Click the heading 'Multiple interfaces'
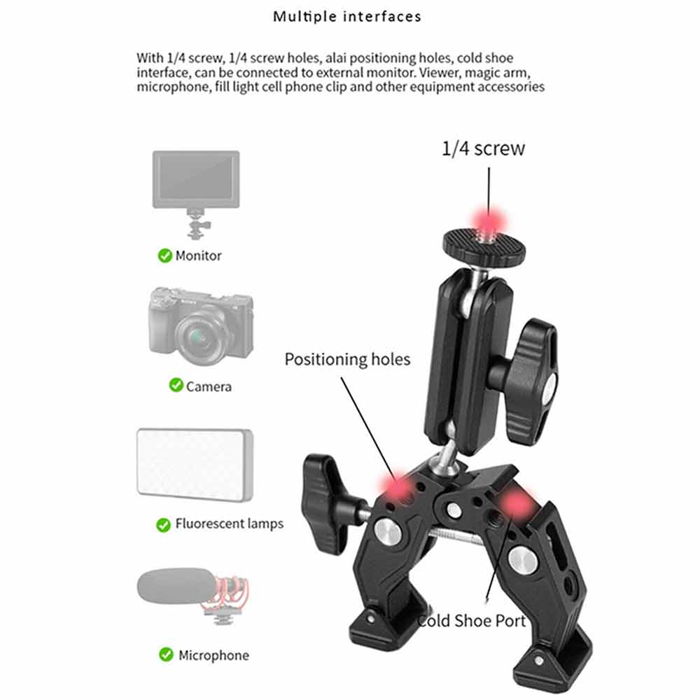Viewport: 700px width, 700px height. pos(347,17)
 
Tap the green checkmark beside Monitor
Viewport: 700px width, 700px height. pos(164,255)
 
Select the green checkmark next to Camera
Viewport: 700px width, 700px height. pos(176,385)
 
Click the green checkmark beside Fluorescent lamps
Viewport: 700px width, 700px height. pos(163,524)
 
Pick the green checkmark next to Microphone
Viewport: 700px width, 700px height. pos(166,654)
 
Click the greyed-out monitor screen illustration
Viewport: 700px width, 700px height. pos(196,179)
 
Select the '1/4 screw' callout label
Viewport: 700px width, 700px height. pos(483,148)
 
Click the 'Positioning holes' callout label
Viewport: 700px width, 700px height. pos(347,360)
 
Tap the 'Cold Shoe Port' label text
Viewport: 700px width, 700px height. pos(471,621)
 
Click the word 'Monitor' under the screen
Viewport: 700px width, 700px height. pos(198,255)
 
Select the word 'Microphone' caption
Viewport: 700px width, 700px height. pos(213,655)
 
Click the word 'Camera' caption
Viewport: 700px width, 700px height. pos(209,386)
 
